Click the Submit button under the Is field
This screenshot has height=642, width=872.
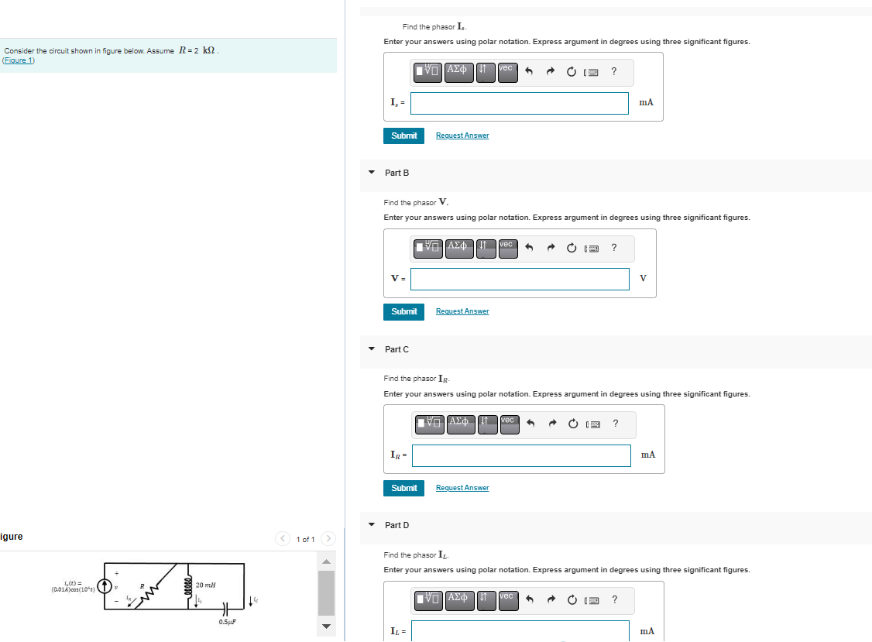403,136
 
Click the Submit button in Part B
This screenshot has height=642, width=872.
403,311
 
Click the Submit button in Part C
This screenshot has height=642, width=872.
403,488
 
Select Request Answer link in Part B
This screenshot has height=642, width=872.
462,311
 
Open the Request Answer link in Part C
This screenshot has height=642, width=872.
462,488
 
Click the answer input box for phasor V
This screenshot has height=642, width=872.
520,279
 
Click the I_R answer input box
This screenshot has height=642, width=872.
521,455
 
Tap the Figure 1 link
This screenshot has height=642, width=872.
19,60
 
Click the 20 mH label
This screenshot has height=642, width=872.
206,585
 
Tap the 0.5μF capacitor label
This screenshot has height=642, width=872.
228,622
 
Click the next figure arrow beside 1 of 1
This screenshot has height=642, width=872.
328,538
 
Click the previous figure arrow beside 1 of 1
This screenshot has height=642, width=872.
283,538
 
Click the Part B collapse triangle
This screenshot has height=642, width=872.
371,172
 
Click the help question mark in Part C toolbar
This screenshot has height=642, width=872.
615,424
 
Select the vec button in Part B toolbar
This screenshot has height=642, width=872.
506,247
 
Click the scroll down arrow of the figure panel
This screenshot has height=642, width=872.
326,627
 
